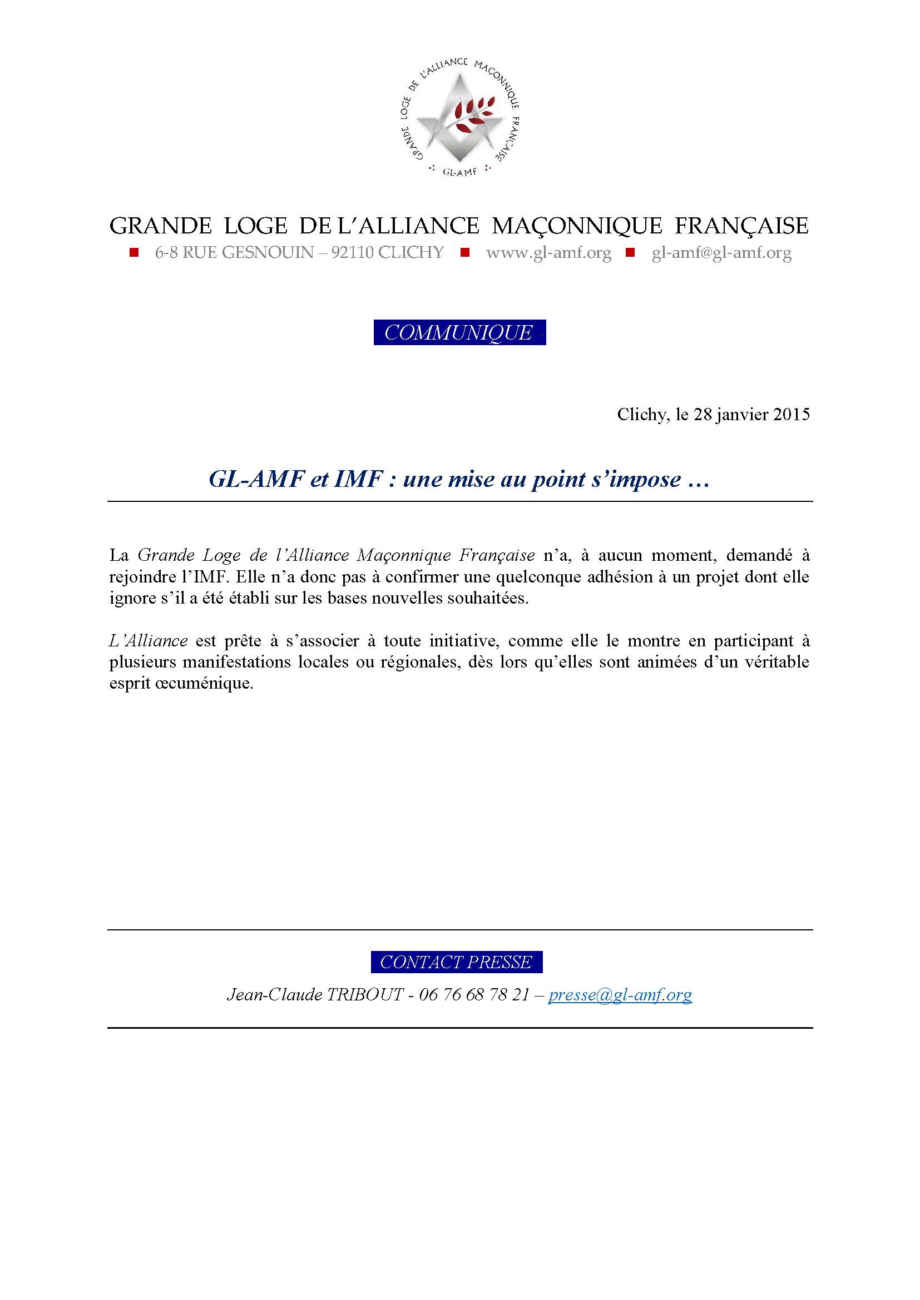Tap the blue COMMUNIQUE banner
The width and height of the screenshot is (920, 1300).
click(x=459, y=332)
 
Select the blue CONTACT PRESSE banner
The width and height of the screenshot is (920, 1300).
click(x=457, y=962)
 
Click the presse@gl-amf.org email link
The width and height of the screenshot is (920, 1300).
click(x=620, y=995)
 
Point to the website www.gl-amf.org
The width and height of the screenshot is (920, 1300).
click(x=548, y=252)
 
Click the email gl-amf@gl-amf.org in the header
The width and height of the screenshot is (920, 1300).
click(x=721, y=252)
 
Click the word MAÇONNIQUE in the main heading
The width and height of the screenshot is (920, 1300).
click(x=577, y=226)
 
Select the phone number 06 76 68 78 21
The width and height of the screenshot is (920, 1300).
click(x=473, y=995)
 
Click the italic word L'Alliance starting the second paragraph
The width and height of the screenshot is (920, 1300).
click(x=149, y=641)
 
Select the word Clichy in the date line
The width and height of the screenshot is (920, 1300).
click(x=641, y=415)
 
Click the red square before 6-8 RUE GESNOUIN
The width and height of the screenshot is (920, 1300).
click(x=134, y=252)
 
